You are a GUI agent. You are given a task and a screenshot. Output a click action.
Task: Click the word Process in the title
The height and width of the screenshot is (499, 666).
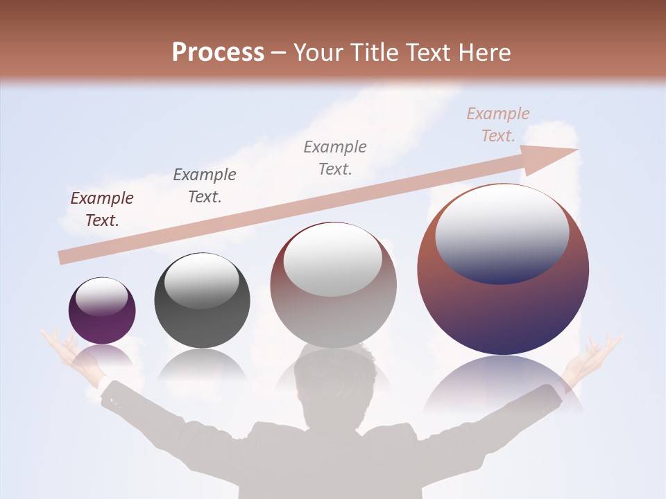pyautogui.click(x=218, y=52)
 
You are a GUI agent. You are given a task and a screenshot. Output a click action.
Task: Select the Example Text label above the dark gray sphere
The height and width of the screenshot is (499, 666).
pyautogui.click(x=205, y=185)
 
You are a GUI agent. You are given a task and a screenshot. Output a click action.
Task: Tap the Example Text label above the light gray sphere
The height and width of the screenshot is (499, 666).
pyautogui.click(x=335, y=157)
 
